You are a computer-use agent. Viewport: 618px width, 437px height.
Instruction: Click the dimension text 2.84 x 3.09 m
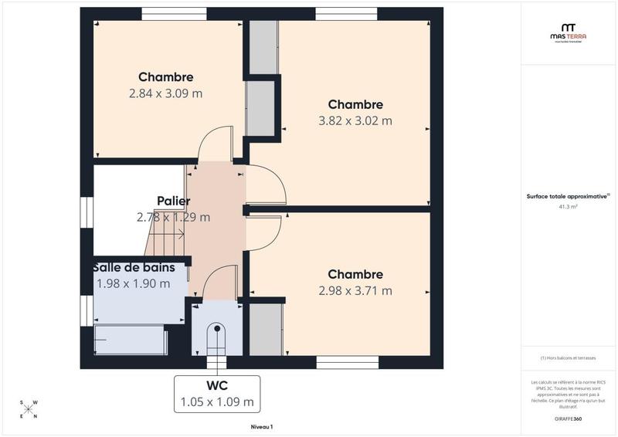[x=165, y=93]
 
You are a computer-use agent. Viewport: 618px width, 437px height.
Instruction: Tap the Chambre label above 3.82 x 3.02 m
[x=355, y=104]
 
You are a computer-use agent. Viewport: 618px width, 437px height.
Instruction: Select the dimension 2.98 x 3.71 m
[x=355, y=291]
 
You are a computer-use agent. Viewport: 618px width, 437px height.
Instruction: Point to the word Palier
[x=173, y=201]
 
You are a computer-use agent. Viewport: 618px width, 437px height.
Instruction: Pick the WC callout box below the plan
[x=216, y=393]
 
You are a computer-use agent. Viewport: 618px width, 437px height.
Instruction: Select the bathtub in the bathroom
[x=130, y=340]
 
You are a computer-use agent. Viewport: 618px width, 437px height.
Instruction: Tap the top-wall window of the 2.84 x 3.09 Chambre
[x=174, y=13]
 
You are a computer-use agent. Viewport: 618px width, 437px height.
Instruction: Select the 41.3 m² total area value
[x=568, y=207]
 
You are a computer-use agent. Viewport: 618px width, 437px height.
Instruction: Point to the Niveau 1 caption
[x=263, y=426]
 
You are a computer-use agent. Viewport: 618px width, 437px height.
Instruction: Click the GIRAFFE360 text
[x=568, y=418]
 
